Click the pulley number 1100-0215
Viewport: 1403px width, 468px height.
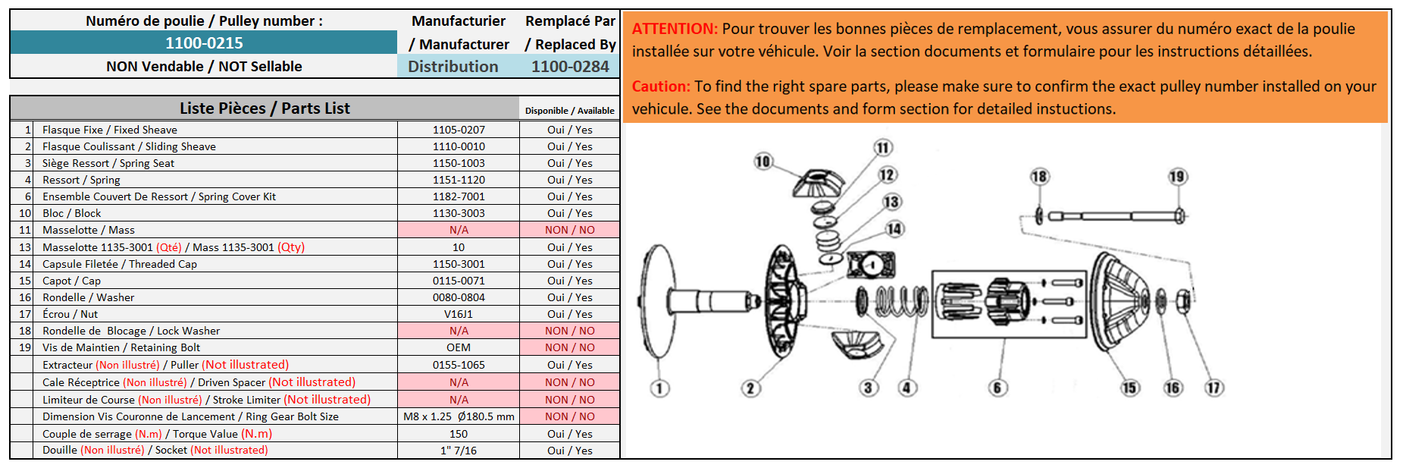[x=204, y=43]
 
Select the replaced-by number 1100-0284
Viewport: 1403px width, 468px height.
[x=570, y=67]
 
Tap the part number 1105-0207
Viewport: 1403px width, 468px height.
[x=459, y=130]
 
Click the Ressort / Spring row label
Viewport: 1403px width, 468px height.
[x=81, y=180]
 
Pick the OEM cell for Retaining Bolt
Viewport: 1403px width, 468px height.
[x=459, y=347]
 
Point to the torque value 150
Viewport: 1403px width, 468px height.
[x=459, y=434]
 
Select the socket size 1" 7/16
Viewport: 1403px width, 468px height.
[x=459, y=451]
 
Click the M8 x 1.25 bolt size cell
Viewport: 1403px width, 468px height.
[x=459, y=416]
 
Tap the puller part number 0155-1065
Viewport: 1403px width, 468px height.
[x=459, y=365]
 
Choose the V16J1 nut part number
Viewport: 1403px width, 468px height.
[x=459, y=314]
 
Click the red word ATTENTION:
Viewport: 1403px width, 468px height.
[x=675, y=29]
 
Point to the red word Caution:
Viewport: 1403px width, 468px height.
[x=661, y=86]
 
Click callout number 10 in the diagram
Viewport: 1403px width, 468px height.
[x=763, y=161]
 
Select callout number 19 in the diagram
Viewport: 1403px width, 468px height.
[x=1177, y=177]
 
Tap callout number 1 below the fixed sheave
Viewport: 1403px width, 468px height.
[x=659, y=388]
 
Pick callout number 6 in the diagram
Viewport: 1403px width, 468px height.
[x=997, y=388]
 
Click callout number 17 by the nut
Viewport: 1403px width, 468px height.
[x=1214, y=388]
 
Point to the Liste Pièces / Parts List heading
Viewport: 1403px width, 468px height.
[x=265, y=108]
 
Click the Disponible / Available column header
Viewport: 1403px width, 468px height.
[x=570, y=111]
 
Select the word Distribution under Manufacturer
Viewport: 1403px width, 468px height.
[x=453, y=67]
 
